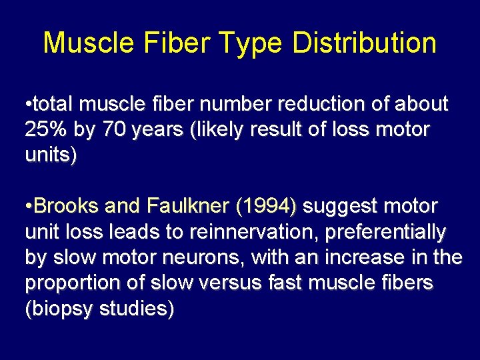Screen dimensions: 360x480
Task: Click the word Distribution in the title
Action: click(363, 43)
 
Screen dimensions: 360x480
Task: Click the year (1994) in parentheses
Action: click(266, 207)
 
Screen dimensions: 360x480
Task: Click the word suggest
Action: click(339, 207)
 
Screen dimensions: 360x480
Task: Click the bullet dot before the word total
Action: click(27, 105)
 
